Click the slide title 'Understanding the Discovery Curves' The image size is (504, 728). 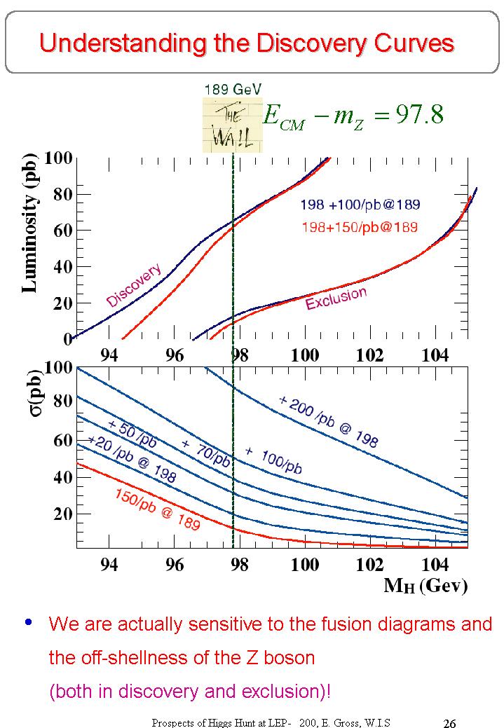[247, 43]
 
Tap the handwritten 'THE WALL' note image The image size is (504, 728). [231, 125]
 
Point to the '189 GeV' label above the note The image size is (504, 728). [233, 89]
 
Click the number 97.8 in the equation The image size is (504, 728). [419, 114]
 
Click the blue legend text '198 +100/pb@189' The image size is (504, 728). [360, 205]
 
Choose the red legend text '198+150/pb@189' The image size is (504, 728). [360, 227]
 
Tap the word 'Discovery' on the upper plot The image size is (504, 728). [134, 285]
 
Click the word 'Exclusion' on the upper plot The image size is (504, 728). [336, 298]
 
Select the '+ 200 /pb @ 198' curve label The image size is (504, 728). [328, 421]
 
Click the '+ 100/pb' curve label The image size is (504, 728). [273, 460]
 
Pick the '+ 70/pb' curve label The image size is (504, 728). [205, 453]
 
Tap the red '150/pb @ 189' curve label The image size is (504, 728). [158, 509]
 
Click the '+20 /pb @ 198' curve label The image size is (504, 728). [131, 459]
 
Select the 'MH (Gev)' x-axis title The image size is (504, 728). [425, 586]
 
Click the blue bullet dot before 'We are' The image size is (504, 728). [29, 622]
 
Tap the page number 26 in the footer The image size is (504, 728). [451, 722]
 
